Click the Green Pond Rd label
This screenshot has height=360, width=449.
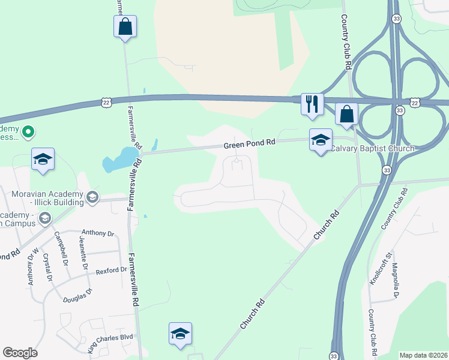249,144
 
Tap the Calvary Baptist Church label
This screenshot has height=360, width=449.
373,148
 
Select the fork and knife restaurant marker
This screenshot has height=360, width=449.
312,104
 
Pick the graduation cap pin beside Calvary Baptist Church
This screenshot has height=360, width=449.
321,140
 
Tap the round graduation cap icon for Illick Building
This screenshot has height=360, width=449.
92,196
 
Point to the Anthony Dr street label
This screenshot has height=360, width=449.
97,233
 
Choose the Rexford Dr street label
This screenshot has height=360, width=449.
112,270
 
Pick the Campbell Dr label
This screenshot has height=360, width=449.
61,249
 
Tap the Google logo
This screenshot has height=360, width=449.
20,353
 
